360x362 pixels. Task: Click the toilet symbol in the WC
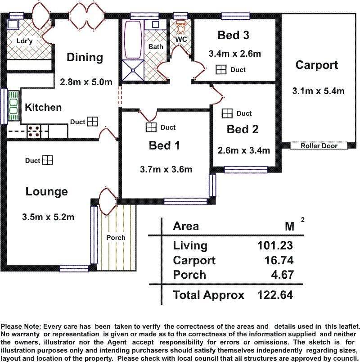[x=180, y=27]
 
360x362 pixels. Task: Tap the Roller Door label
[x=319, y=146]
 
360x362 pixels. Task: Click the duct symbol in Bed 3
[x=221, y=69]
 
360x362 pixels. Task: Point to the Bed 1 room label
[x=164, y=145]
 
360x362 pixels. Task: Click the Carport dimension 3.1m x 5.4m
[x=318, y=91]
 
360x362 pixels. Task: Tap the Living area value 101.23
[x=275, y=245]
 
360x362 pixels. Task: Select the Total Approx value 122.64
[x=275, y=295]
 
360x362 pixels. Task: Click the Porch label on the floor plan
[x=116, y=238]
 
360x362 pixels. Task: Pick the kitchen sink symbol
[x=13, y=106]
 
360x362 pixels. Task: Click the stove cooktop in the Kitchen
[x=34, y=131]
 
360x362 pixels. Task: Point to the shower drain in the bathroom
[x=133, y=70]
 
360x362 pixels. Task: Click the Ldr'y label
[x=25, y=41]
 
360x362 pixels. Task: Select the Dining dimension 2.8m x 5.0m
[x=86, y=82]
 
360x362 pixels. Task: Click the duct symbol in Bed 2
[x=227, y=113]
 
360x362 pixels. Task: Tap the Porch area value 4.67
[x=282, y=275]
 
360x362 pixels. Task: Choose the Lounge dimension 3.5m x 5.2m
[x=48, y=217]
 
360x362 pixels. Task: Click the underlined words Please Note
[x=21, y=326]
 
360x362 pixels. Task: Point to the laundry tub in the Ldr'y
[x=13, y=24]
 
